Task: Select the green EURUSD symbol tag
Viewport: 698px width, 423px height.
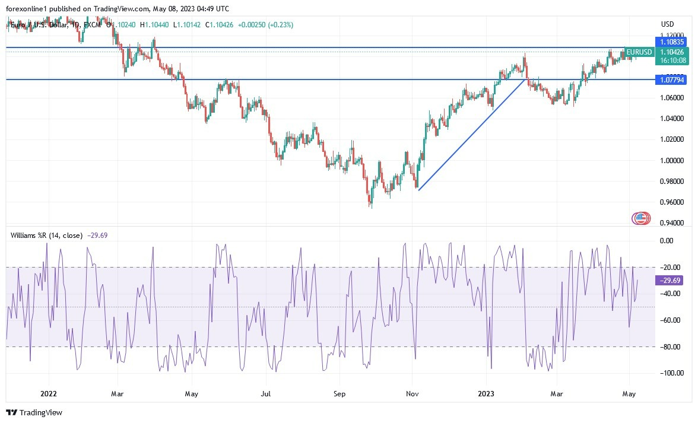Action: pos(639,52)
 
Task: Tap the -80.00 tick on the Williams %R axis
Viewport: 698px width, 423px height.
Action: pos(671,346)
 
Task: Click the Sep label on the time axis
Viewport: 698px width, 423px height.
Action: pos(339,393)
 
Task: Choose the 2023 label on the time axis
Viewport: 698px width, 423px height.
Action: pos(486,393)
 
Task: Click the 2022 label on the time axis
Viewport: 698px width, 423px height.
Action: pos(49,393)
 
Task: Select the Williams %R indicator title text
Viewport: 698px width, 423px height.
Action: pos(46,235)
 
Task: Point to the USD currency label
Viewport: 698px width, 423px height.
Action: pos(667,24)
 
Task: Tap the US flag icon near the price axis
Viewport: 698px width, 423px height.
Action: pos(640,218)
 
